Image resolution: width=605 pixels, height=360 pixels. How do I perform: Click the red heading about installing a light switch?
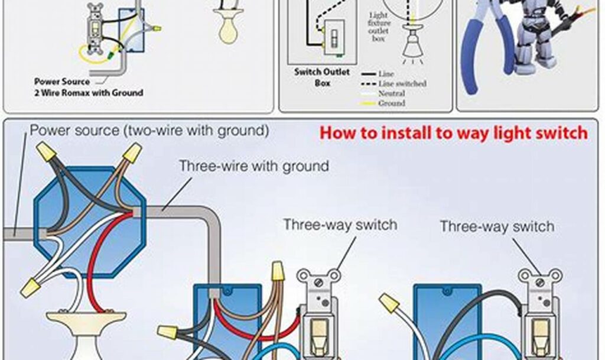point(454,133)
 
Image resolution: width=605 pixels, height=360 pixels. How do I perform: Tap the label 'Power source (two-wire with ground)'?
point(149,130)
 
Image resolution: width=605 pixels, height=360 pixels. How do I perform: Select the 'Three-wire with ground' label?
point(254,166)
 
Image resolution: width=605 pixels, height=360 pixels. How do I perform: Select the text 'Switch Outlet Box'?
point(322,77)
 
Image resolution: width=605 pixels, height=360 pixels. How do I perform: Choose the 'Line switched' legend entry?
point(402,84)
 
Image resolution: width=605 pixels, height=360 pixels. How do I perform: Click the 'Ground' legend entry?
point(391,103)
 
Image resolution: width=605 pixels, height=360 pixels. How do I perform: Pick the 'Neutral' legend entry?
point(391,93)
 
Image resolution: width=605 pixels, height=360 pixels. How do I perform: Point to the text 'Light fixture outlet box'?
point(379,27)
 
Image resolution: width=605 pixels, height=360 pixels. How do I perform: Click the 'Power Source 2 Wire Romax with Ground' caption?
point(89,87)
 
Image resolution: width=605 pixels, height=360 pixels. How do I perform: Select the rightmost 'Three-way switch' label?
point(497,226)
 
